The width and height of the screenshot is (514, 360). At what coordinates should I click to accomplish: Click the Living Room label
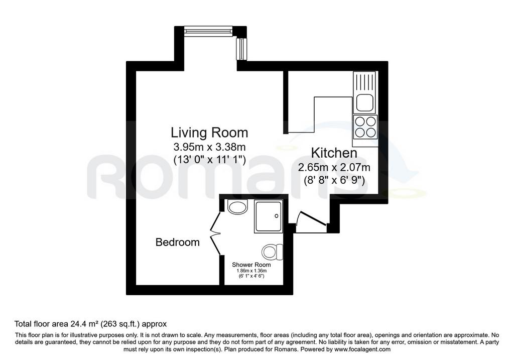coord(209,133)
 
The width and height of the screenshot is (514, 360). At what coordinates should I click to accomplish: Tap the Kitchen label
coord(334,153)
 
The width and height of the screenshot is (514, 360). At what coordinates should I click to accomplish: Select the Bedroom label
coord(177,243)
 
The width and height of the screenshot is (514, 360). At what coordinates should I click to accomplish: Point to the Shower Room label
coord(251,265)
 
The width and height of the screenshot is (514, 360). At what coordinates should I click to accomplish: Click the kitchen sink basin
coord(364,103)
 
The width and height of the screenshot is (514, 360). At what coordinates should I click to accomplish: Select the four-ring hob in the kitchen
coord(365,127)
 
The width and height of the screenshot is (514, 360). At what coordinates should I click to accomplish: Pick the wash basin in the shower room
coord(237,207)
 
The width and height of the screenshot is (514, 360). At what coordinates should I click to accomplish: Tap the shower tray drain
coord(277,216)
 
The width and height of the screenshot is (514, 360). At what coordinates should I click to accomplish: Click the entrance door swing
coord(311,222)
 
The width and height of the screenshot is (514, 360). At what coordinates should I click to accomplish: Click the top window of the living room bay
coord(208,31)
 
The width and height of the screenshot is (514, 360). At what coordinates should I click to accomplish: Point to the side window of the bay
coord(241,49)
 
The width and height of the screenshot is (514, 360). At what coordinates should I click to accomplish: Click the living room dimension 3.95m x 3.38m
coord(209,147)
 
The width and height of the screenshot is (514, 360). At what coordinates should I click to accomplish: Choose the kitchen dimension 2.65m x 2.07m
coord(334,168)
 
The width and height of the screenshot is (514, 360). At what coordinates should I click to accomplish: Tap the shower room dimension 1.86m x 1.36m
coord(251,271)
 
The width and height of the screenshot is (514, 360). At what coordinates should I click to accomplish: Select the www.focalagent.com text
coord(362,349)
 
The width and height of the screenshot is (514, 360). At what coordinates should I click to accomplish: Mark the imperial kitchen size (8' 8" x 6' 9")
coord(334,180)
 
